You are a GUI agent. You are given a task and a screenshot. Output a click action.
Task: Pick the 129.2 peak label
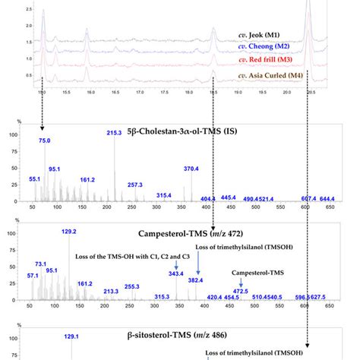click(70, 232)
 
